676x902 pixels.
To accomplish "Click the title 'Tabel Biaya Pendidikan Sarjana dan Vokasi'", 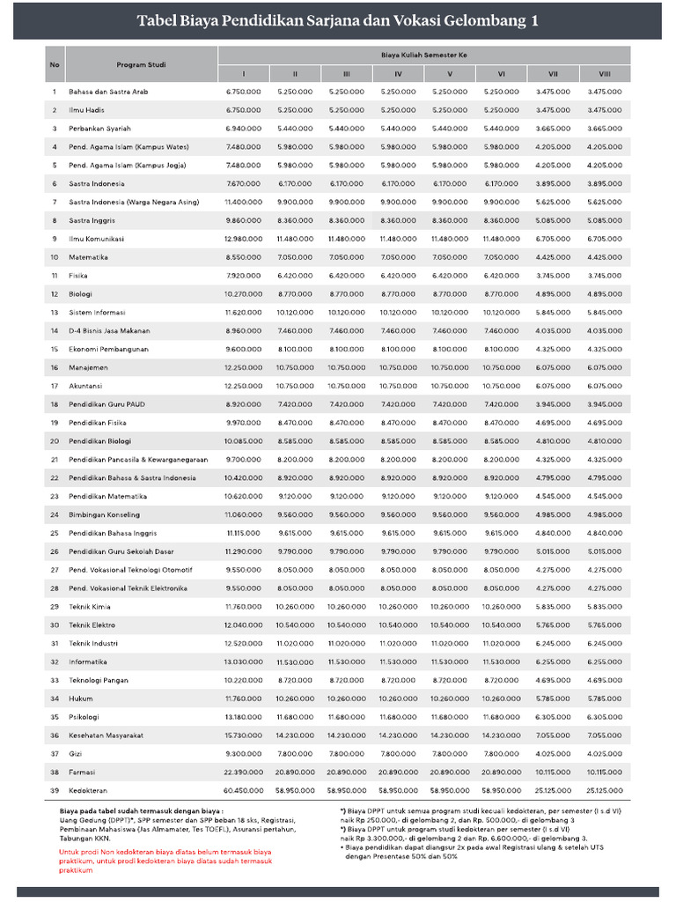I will point(338,21).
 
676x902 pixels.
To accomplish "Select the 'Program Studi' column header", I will point(141,65).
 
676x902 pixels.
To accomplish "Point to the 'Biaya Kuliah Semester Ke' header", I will point(423,55).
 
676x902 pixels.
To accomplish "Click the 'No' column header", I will point(55,65).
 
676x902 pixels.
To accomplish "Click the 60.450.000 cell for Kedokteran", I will point(243,790).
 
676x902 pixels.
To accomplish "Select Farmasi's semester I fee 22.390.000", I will point(243,772).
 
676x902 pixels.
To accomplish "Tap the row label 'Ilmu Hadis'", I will point(88,110).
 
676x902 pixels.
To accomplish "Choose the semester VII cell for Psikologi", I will point(553,717).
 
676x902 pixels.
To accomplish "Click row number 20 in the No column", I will point(55,441).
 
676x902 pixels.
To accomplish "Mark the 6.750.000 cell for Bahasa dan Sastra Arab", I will point(243,92).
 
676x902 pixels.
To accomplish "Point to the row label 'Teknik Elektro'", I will point(92,625).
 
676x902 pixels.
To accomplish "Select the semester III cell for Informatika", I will point(346,662).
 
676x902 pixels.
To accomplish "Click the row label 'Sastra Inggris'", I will point(92,220).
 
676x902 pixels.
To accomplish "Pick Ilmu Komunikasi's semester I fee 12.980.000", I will point(243,239).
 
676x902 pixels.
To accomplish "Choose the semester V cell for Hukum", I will point(449,699).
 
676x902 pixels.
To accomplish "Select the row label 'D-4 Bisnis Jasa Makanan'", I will point(110,331).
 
